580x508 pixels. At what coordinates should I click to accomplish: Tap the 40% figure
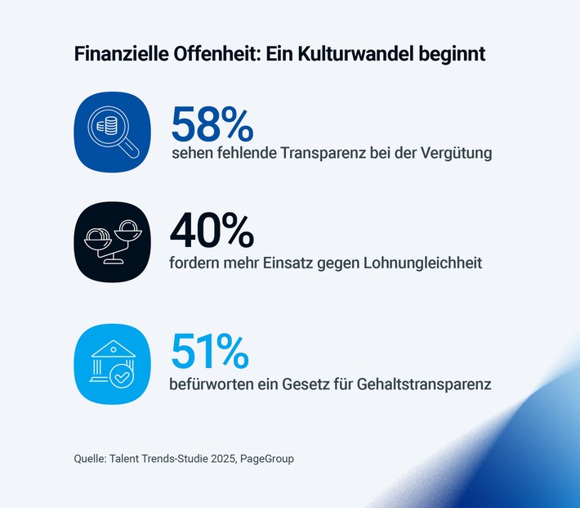[212, 232]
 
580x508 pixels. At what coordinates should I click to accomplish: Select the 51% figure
[209, 352]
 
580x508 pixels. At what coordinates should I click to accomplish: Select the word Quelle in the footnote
[89, 459]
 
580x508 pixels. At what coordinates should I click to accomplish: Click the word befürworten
[212, 383]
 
